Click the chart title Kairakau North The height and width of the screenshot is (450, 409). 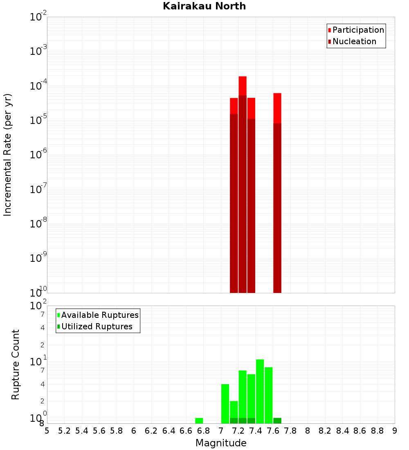(x=204, y=6)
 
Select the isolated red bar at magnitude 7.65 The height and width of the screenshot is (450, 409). (x=277, y=192)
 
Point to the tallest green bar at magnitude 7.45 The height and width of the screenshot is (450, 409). (x=260, y=391)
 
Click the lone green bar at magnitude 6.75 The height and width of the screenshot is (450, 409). (x=199, y=421)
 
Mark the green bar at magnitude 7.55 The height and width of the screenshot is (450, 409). (x=269, y=395)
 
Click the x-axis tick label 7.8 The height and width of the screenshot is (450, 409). (x=290, y=431)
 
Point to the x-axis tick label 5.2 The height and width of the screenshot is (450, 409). (x=64, y=431)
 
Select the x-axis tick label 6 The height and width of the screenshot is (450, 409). (x=134, y=431)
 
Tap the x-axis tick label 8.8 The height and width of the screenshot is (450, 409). (x=377, y=431)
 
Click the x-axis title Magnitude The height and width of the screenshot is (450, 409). (x=221, y=443)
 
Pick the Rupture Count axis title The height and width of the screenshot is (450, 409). (x=16, y=364)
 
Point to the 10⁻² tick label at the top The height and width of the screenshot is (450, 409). (x=38, y=17)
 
